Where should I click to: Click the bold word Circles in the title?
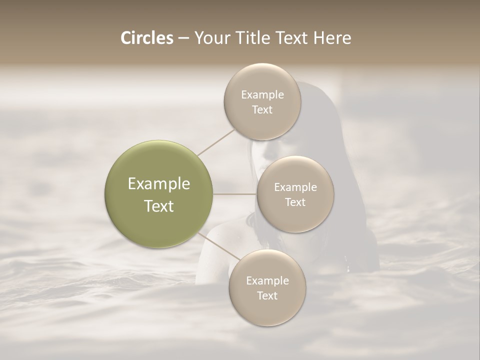pyautogui.click(x=147, y=38)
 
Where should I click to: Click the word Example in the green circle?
pyautogui.click(x=159, y=184)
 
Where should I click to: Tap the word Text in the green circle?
pyautogui.click(x=159, y=206)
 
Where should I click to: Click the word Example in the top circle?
pyautogui.click(x=262, y=95)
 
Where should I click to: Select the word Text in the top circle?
pyautogui.click(x=262, y=110)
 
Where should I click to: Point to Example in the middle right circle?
pyautogui.click(x=295, y=187)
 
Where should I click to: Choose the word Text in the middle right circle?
pyautogui.click(x=295, y=202)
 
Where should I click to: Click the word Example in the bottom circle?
pyautogui.click(x=267, y=281)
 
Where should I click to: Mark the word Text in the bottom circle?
pyautogui.click(x=267, y=296)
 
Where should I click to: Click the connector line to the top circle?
pyautogui.click(x=216, y=142)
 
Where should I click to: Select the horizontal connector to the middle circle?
pyautogui.click(x=235, y=194)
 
